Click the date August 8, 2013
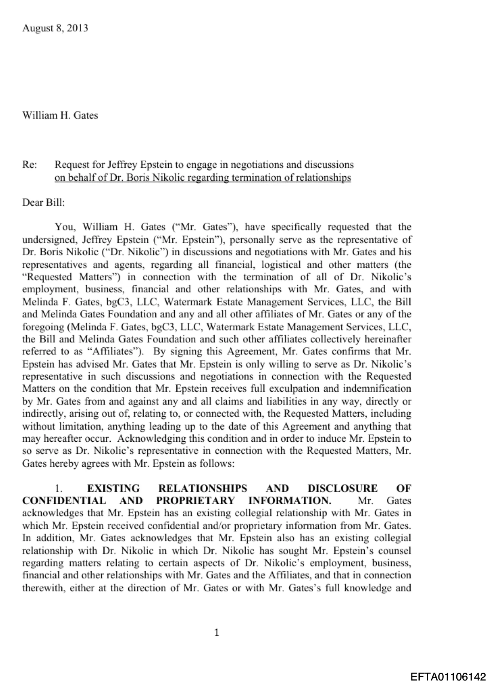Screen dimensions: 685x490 (x=55, y=28)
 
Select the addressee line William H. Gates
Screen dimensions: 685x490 (x=60, y=115)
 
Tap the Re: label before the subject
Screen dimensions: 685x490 (x=30, y=165)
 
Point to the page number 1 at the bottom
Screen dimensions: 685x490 (x=216, y=632)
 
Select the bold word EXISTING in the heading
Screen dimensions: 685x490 (x=113, y=488)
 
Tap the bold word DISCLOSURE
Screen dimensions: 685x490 (x=342, y=488)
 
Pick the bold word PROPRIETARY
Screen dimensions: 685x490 (x=196, y=501)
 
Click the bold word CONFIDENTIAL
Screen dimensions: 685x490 (x=64, y=501)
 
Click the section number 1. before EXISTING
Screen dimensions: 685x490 (x=58, y=488)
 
